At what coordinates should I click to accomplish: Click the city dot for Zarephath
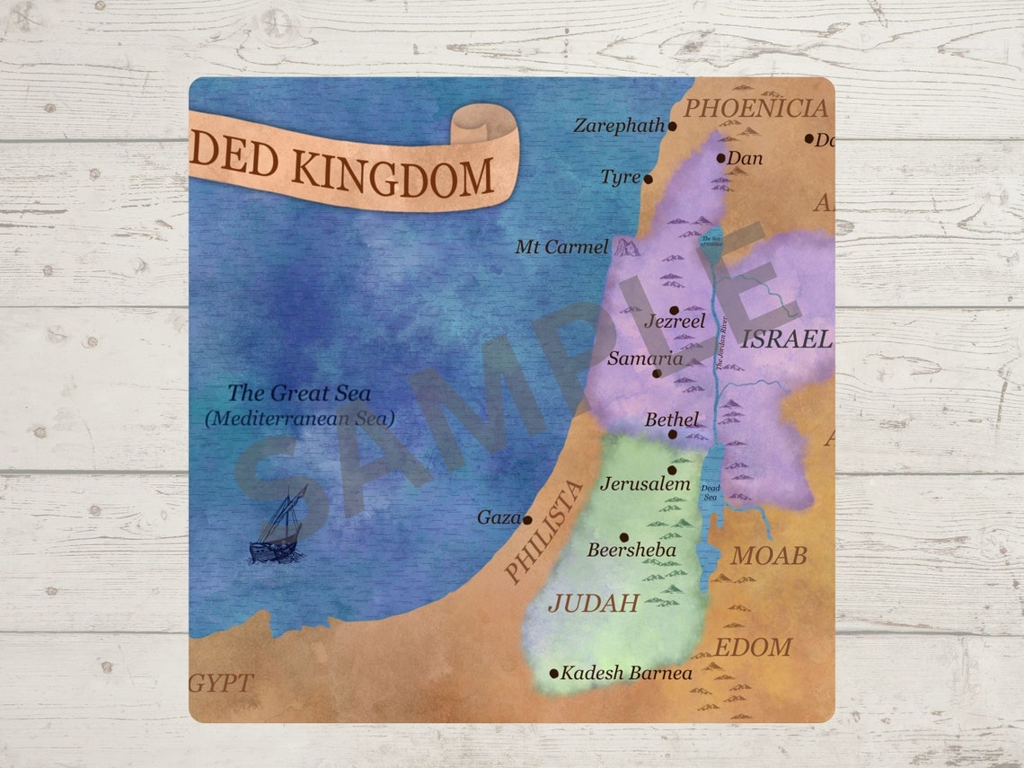(672, 127)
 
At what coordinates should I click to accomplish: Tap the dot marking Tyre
(648, 179)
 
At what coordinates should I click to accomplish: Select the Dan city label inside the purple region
(745, 158)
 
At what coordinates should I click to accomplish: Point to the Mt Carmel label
(561, 246)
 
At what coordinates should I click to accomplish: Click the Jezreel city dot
(674, 310)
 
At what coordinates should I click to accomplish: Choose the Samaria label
(645, 358)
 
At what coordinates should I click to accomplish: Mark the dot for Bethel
(673, 434)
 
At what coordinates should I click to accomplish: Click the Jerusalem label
(645, 484)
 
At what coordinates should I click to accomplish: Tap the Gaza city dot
(527, 519)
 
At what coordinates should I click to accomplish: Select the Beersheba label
(631, 550)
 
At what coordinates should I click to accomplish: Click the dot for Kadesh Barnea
(554, 674)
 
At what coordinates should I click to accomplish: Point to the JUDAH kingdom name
(593, 603)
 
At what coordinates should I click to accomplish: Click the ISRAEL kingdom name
(785, 339)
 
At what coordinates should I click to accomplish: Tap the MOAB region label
(768, 555)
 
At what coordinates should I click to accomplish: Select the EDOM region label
(753, 647)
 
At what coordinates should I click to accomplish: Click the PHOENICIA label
(755, 109)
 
